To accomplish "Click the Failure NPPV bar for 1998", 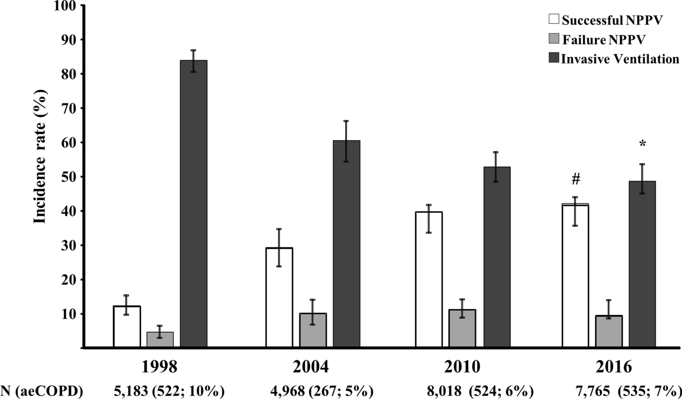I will coord(160,340).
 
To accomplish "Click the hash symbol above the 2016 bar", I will coord(576,180).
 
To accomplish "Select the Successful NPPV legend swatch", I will coord(554,19).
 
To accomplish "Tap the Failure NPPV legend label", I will coord(604,40).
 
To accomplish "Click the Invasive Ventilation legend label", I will coord(620,59).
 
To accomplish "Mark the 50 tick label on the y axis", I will coord(69,177).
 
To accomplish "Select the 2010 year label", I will coord(463,367).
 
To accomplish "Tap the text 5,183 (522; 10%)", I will coord(169,391).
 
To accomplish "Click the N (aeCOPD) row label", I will coord(42,391).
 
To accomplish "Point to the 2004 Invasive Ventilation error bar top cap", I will coord(346,121).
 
